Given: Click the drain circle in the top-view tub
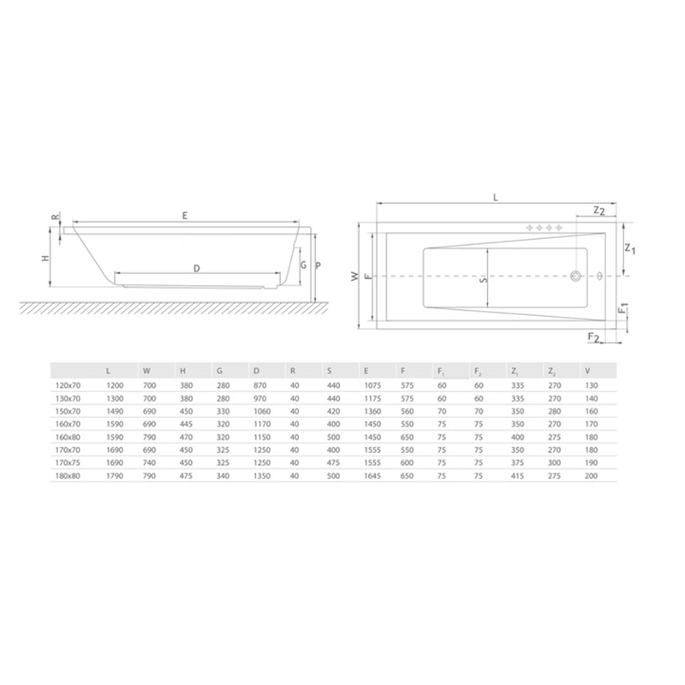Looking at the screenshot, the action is pyautogui.click(x=575, y=276).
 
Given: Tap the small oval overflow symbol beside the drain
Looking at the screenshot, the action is pyautogui.click(x=600, y=276).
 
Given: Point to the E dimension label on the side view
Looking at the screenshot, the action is pyautogui.click(x=185, y=216).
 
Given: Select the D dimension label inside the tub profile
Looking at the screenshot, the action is pyautogui.click(x=197, y=269).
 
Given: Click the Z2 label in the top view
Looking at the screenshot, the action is pyautogui.click(x=599, y=211).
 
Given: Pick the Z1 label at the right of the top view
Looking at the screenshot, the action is pyautogui.click(x=630, y=248).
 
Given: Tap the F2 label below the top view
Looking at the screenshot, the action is pyautogui.click(x=593, y=337).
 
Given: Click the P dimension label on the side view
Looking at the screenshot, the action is pyautogui.click(x=318, y=265).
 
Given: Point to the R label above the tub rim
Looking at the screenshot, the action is pyautogui.click(x=55, y=217).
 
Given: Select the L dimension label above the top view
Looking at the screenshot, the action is pyautogui.click(x=496, y=198).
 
